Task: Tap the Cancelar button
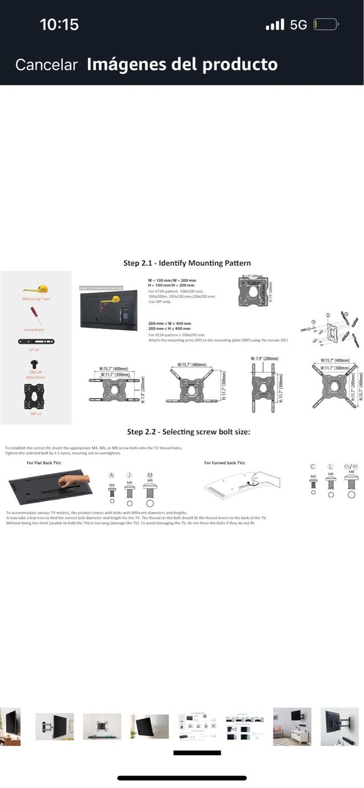click(x=46, y=65)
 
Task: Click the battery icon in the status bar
click(x=326, y=25)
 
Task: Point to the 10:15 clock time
click(x=59, y=24)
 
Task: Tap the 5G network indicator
click(x=298, y=25)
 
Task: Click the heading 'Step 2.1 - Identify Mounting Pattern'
click(x=187, y=263)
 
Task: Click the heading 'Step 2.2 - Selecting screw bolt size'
click(x=188, y=432)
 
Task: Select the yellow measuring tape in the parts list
click(x=36, y=290)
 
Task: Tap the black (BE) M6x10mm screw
click(x=35, y=363)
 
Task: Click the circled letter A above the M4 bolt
click(x=111, y=475)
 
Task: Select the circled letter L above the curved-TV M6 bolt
click(x=330, y=466)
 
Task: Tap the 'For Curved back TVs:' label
click(x=225, y=463)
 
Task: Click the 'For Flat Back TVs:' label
click(x=44, y=463)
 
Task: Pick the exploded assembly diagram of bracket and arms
click(x=330, y=330)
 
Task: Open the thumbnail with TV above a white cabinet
click(x=292, y=727)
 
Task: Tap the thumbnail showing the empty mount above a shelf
click(x=102, y=727)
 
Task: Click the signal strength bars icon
click(x=275, y=25)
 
